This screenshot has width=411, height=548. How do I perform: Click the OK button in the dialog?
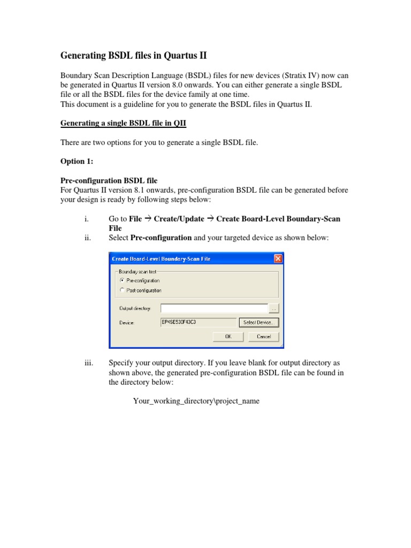228,337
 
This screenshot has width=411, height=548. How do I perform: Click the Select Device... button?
259,323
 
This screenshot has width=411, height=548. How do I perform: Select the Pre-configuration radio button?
123,280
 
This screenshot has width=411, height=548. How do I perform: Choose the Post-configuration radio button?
123,291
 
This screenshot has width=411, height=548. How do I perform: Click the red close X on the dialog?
278,259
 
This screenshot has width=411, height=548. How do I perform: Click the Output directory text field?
214,308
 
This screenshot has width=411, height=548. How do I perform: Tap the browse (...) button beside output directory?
273,308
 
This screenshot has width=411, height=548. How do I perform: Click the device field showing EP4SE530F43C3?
198,323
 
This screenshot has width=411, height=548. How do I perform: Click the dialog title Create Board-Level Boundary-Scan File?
161,259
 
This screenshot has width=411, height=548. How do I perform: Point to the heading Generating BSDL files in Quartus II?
133,56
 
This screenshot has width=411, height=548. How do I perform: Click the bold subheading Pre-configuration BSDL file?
109,180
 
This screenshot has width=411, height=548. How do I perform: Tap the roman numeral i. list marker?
87,219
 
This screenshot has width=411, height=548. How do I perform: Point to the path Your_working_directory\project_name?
196,401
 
